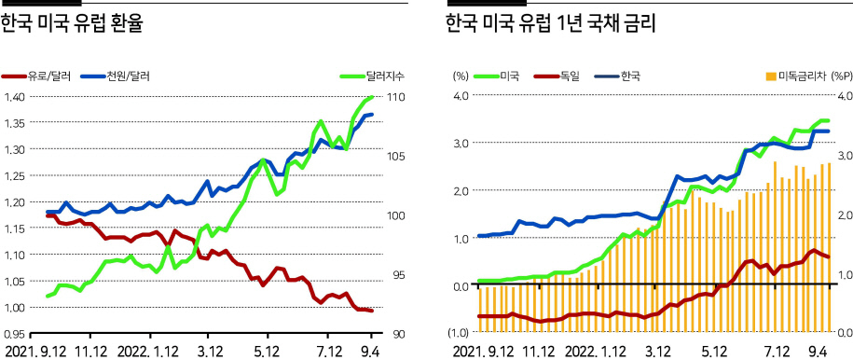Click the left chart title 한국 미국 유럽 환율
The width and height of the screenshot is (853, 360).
point(71,24)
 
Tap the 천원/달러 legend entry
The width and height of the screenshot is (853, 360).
point(116,76)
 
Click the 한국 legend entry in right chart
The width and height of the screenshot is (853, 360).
point(617,76)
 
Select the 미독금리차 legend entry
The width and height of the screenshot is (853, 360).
point(808,76)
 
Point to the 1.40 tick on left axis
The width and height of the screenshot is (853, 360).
point(15,98)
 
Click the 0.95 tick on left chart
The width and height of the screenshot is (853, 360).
point(15,333)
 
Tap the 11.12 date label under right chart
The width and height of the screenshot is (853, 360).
point(539,350)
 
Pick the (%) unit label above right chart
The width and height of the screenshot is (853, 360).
point(461,76)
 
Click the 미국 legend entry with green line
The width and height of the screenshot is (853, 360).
point(497,76)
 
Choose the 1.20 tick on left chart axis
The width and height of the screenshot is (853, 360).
point(15,202)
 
